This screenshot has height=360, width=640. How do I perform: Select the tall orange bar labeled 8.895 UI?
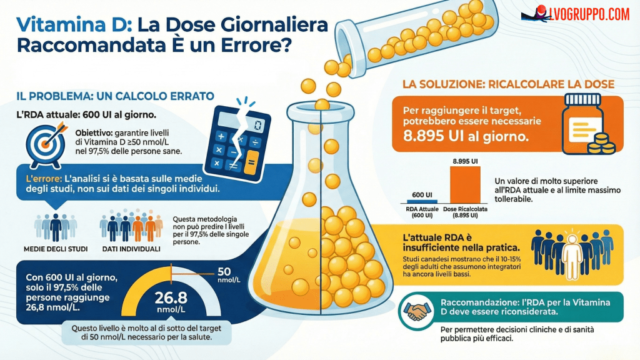point(464,186)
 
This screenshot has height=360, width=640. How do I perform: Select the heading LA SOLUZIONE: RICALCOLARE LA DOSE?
point(507,84)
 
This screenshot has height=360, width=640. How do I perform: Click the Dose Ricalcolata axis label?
point(464,212)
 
